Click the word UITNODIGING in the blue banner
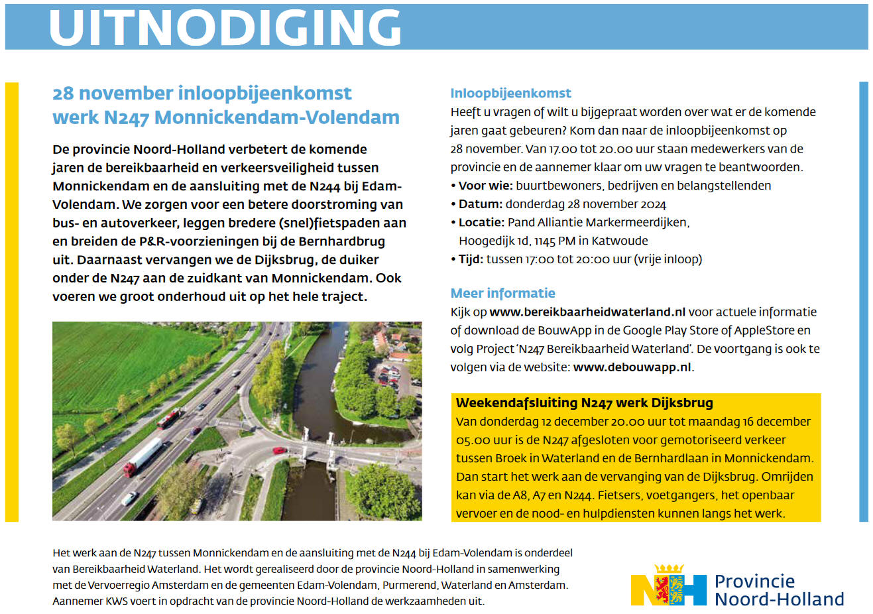(x=225, y=28)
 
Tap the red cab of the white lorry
(x=129, y=469)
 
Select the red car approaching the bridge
(x=280, y=451)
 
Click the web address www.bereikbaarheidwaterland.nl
(x=587, y=312)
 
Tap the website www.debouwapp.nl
(x=632, y=367)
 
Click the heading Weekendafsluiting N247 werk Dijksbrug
(x=584, y=402)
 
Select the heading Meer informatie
(x=502, y=293)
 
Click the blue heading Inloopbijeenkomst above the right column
(x=510, y=93)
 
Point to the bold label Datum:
(x=480, y=204)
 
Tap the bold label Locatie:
(x=481, y=222)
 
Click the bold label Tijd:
(x=471, y=259)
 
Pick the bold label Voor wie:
(x=485, y=186)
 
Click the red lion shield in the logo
(x=662, y=587)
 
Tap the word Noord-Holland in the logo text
(x=779, y=599)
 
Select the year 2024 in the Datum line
(x=653, y=204)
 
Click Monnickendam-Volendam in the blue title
(x=277, y=117)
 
